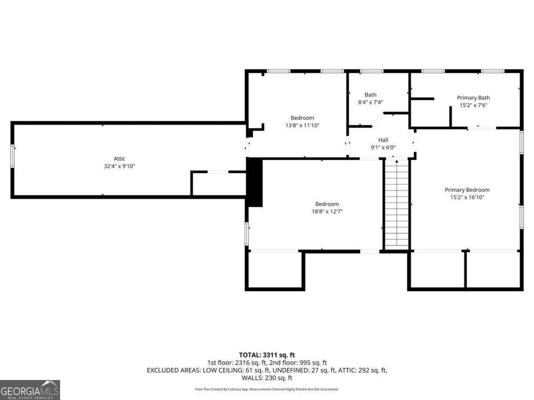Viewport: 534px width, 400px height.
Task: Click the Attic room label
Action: (x=119, y=159)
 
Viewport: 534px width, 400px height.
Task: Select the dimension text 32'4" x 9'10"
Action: (x=119, y=166)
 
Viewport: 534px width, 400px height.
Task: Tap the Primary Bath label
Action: (x=473, y=98)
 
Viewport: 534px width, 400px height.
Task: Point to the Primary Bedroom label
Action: (x=467, y=190)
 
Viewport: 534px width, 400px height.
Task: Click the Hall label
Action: (x=383, y=140)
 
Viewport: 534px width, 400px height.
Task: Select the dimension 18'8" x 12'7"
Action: (x=327, y=212)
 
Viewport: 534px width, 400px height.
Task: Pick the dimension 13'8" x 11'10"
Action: (x=302, y=125)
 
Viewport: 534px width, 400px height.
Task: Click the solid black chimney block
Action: (x=255, y=182)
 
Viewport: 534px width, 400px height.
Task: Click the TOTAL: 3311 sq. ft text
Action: (x=267, y=355)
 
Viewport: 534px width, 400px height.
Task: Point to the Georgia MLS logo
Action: (x=30, y=390)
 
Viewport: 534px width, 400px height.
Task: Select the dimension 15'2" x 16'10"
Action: (x=467, y=197)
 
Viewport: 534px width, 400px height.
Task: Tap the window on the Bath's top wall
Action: (x=372, y=71)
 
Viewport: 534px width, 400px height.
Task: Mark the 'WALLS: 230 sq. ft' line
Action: (x=267, y=378)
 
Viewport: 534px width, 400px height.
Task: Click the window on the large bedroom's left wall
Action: (x=247, y=234)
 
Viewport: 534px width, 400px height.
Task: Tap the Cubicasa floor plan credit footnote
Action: (x=267, y=389)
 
